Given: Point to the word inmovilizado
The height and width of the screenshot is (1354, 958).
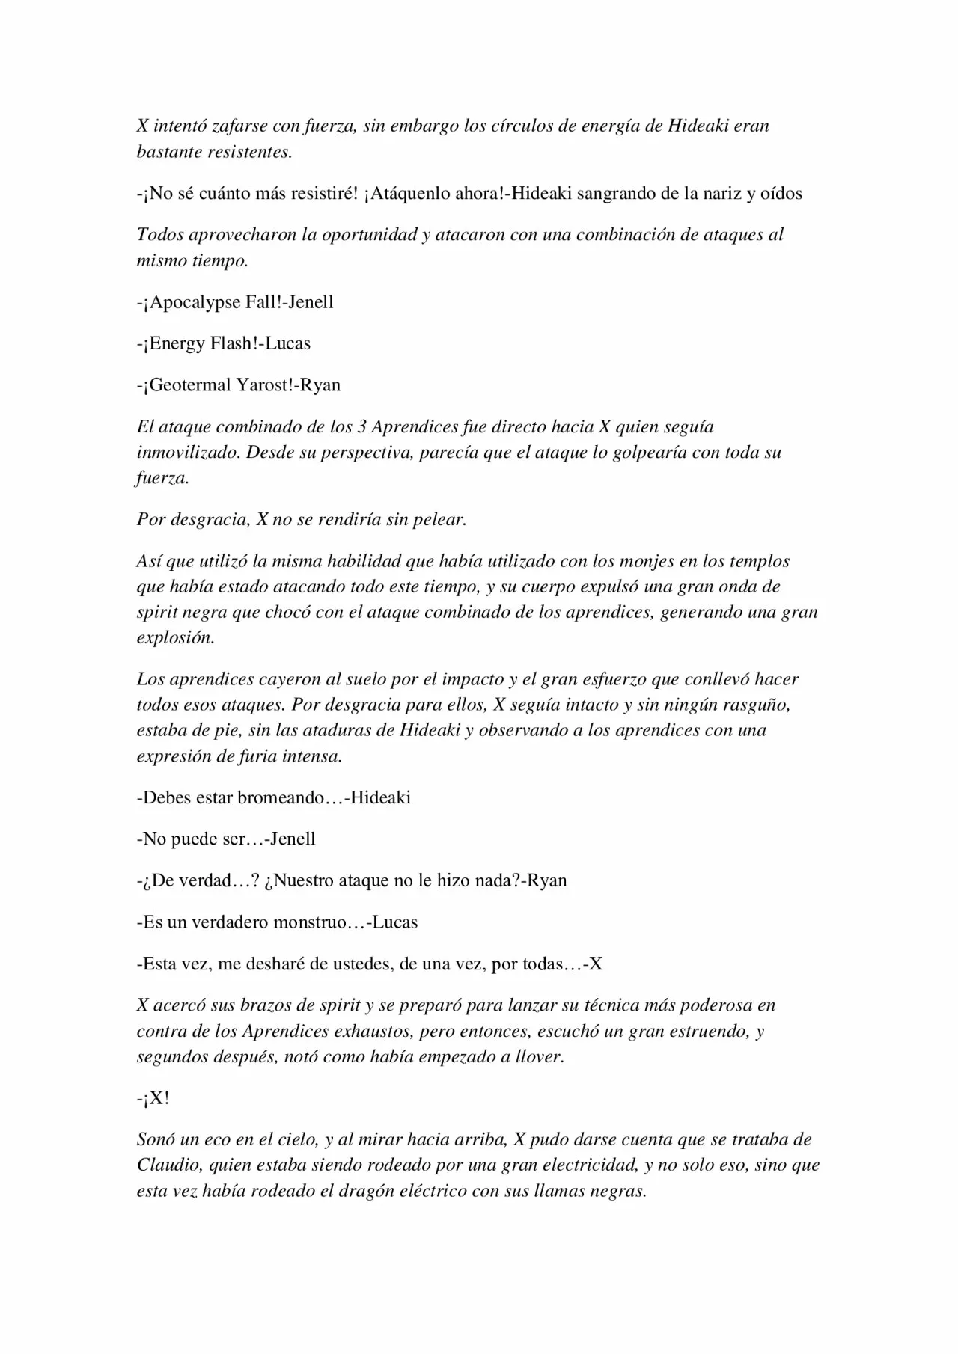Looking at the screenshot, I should click(186, 453).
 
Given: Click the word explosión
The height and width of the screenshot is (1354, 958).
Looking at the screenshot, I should click(175, 638).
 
